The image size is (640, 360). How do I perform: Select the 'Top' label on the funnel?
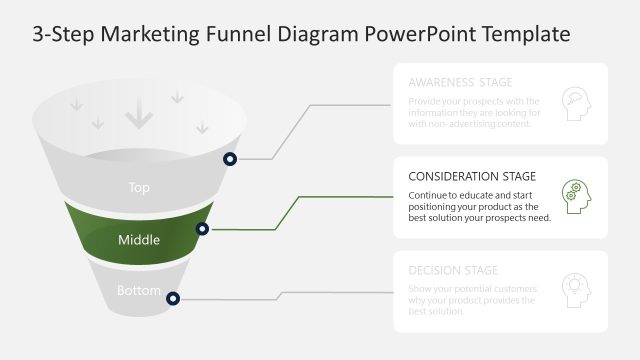[139, 187]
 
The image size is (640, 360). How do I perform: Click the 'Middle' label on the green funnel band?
[139, 240]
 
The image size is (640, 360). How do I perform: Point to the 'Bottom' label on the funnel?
[139, 291]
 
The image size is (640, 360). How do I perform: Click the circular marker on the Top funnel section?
[230, 159]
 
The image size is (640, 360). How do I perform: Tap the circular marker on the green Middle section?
[203, 229]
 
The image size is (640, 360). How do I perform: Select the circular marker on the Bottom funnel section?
[173, 298]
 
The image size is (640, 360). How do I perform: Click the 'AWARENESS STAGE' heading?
[461, 83]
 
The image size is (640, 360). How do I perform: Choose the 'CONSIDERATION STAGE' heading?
[472, 176]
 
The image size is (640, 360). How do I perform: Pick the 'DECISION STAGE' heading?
[453, 270]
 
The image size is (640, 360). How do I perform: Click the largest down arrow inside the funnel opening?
[138, 117]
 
